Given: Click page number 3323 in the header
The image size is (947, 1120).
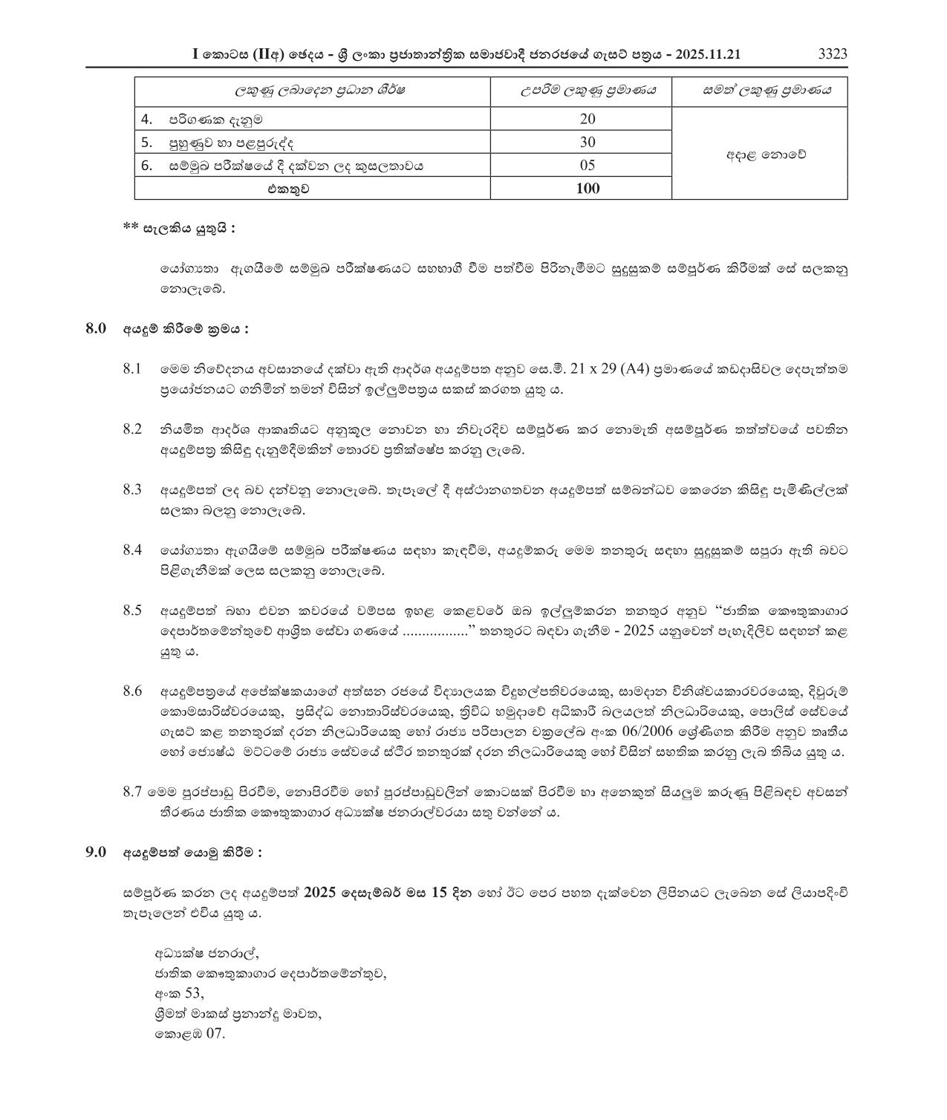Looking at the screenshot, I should point(832,54).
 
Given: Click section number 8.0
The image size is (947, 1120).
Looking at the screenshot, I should point(97,328).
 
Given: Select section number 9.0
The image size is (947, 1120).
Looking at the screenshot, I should point(97,853).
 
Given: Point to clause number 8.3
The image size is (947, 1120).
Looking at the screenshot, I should point(133,489).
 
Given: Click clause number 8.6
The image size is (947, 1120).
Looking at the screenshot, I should point(133,691).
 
